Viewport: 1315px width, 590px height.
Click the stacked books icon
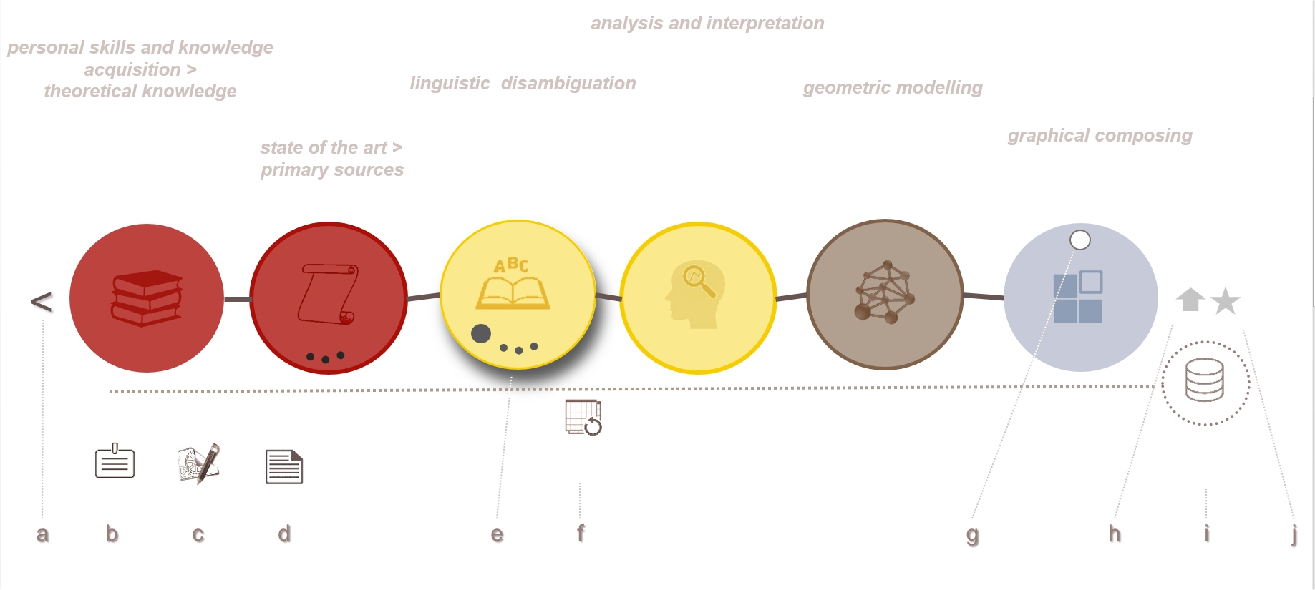click(x=147, y=298)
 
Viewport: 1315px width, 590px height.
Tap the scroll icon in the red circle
click(x=328, y=294)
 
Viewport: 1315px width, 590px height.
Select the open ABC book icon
click(x=513, y=284)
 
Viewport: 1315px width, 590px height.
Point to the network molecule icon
click(x=885, y=292)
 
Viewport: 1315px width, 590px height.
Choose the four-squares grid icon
click(x=1078, y=297)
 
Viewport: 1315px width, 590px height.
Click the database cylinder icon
click(x=1205, y=380)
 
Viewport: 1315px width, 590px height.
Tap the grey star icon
click(x=1226, y=301)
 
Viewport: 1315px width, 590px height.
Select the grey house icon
click(x=1190, y=300)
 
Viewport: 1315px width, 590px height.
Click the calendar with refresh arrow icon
click(x=583, y=418)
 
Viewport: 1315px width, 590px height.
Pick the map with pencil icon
click(x=199, y=464)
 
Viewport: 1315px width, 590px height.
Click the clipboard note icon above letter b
click(x=115, y=461)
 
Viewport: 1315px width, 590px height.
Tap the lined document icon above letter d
click(x=284, y=467)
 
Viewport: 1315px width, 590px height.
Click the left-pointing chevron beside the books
click(x=42, y=302)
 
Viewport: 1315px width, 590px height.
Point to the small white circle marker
click(x=1080, y=240)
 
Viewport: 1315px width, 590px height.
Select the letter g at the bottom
click(x=972, y=535)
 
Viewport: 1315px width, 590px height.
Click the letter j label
click(x=1294, y=534)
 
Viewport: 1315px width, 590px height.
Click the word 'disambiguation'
click(x=568, y=84)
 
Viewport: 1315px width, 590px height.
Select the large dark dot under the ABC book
click(x=481, y=333)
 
